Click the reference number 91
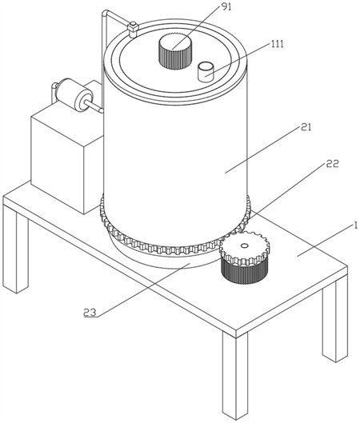tap(226, 7)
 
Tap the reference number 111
tap(277, 44)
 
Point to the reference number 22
tap(333, 163)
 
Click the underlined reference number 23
tap(90, 313)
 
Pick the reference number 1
tap(356, 225)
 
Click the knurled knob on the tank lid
tap(175, 50)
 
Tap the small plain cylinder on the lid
tap(206, 71)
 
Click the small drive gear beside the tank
tap(245, 249)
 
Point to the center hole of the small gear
tap(244, 245)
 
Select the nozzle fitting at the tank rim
tap(133, 29)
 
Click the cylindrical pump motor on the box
tap(74, 94)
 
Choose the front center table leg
tap(234, 374)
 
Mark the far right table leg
tap(334, 320)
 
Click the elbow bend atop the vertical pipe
tap(106, 13)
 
